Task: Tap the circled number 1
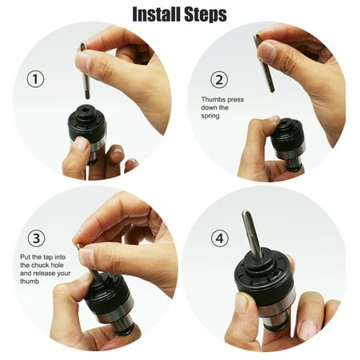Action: click(35, 78)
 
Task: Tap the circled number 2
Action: click(218, 79)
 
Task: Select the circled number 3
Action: click(35, 238)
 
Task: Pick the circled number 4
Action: click(218, 238)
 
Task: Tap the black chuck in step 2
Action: click(286, 135)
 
